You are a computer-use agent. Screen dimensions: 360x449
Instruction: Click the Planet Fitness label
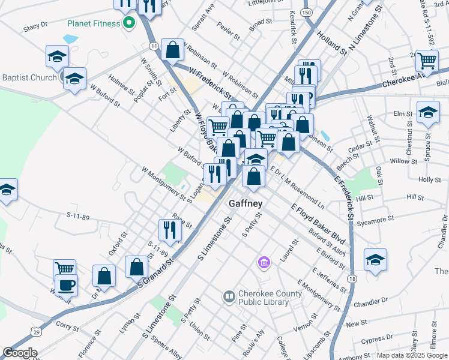[93, 25]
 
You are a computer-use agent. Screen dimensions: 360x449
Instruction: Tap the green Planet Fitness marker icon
[128, 24]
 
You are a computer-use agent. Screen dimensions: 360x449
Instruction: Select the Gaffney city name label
[246, 204]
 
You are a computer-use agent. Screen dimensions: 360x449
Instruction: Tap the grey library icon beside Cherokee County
[229, 296]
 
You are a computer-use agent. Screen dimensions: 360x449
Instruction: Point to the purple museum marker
[264, 262]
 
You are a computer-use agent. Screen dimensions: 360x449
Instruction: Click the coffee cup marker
[66, 285]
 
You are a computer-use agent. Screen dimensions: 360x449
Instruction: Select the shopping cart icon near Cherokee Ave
[427, 59]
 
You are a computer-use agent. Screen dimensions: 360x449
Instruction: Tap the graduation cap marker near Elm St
[427, 112]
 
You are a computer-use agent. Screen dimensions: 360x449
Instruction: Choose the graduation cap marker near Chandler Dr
[375, 259]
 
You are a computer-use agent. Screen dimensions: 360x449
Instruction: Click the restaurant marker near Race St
[170, 230]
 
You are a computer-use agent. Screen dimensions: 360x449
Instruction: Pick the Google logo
[20, 353]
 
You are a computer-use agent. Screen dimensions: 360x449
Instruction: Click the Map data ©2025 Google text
[412, 355]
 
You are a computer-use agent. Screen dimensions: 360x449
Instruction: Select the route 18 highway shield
[352, 279]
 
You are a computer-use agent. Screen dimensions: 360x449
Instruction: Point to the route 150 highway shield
[307, 13]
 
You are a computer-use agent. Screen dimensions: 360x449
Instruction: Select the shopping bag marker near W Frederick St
[173, 50]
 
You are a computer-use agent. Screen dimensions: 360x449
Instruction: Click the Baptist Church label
[29, 77]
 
